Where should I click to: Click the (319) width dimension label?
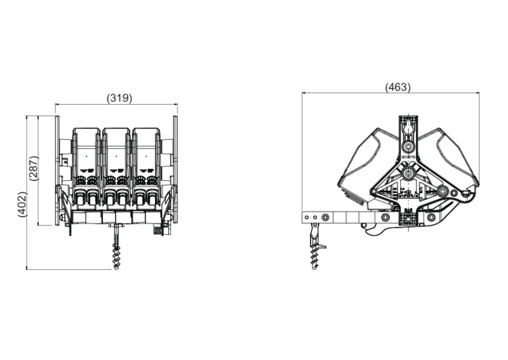click(x=119, y=98)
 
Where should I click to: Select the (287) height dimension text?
click(x=34, y=168)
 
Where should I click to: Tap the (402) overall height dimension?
click(x=22, y=204)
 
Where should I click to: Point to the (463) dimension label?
click(x=398, y=87)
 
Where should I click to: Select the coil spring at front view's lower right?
click(x=157, y=229)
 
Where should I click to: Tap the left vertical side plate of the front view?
click(x=57, y=170)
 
